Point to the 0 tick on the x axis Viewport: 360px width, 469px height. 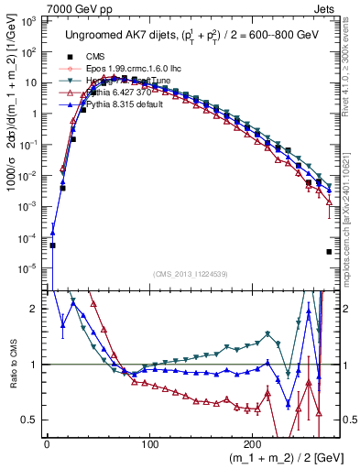[x=47, y=445]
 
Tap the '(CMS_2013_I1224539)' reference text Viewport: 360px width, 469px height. [x=193, y=274]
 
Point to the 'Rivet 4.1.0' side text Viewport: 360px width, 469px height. [x=353, y=92]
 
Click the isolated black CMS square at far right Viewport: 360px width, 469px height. [x=328, y=252]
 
